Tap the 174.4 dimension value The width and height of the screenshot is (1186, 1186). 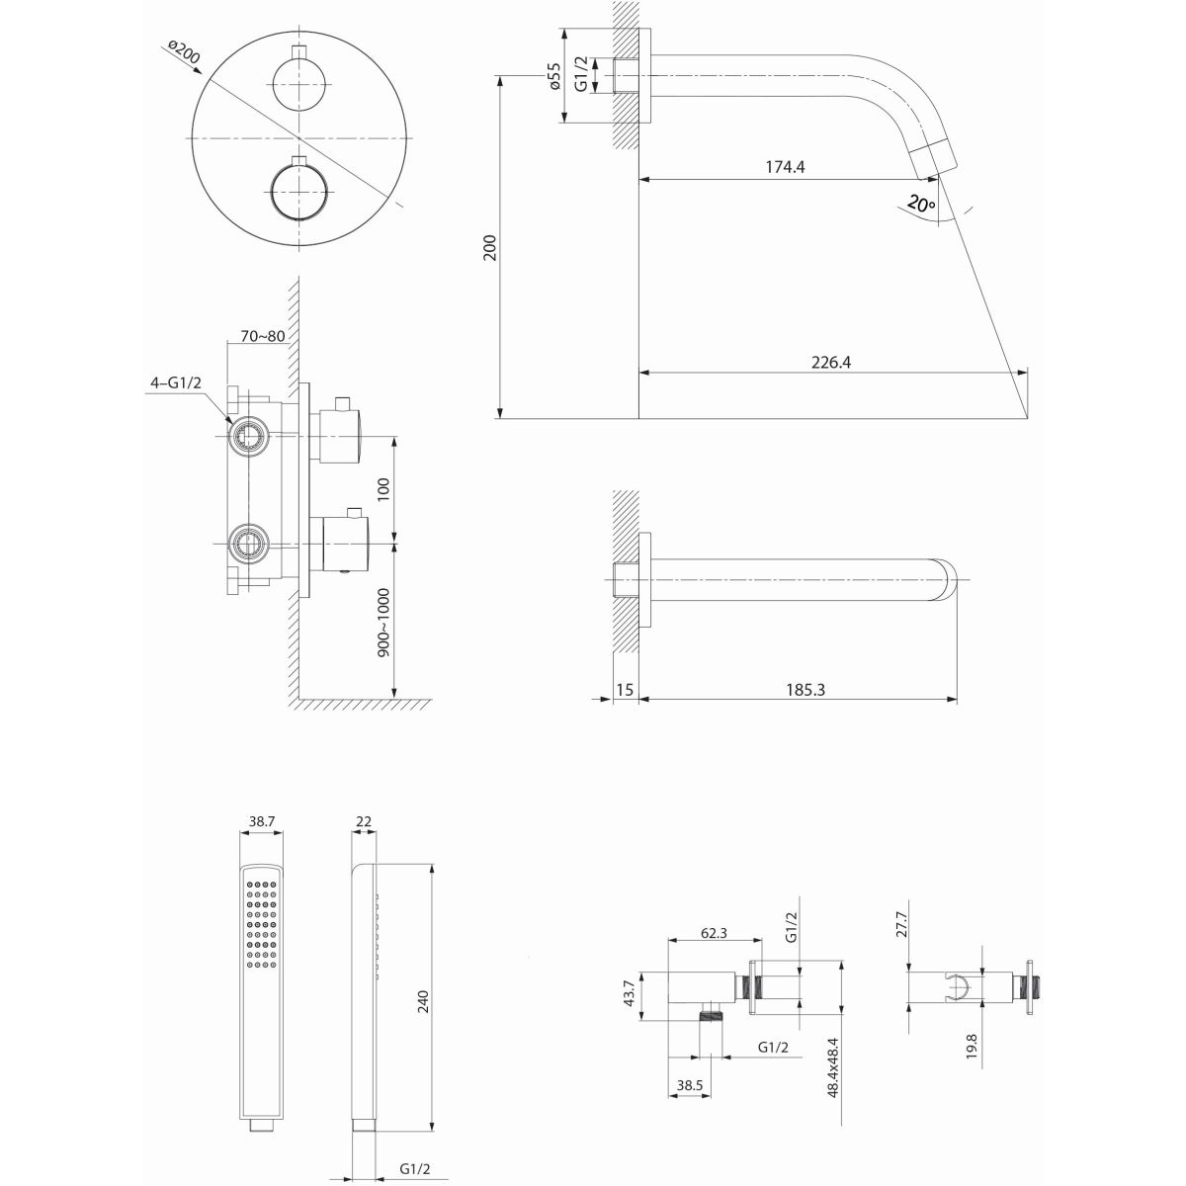click(785, 167)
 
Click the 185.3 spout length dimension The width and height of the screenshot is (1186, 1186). click(806, 689)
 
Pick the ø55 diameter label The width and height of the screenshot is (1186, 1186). click(554, 77)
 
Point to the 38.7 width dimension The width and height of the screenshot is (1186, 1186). click(261, 820)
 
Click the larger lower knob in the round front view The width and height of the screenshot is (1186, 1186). click(297, 189)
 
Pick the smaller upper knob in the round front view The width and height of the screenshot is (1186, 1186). click(297, 82)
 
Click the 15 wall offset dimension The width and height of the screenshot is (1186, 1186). click(623, 689)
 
